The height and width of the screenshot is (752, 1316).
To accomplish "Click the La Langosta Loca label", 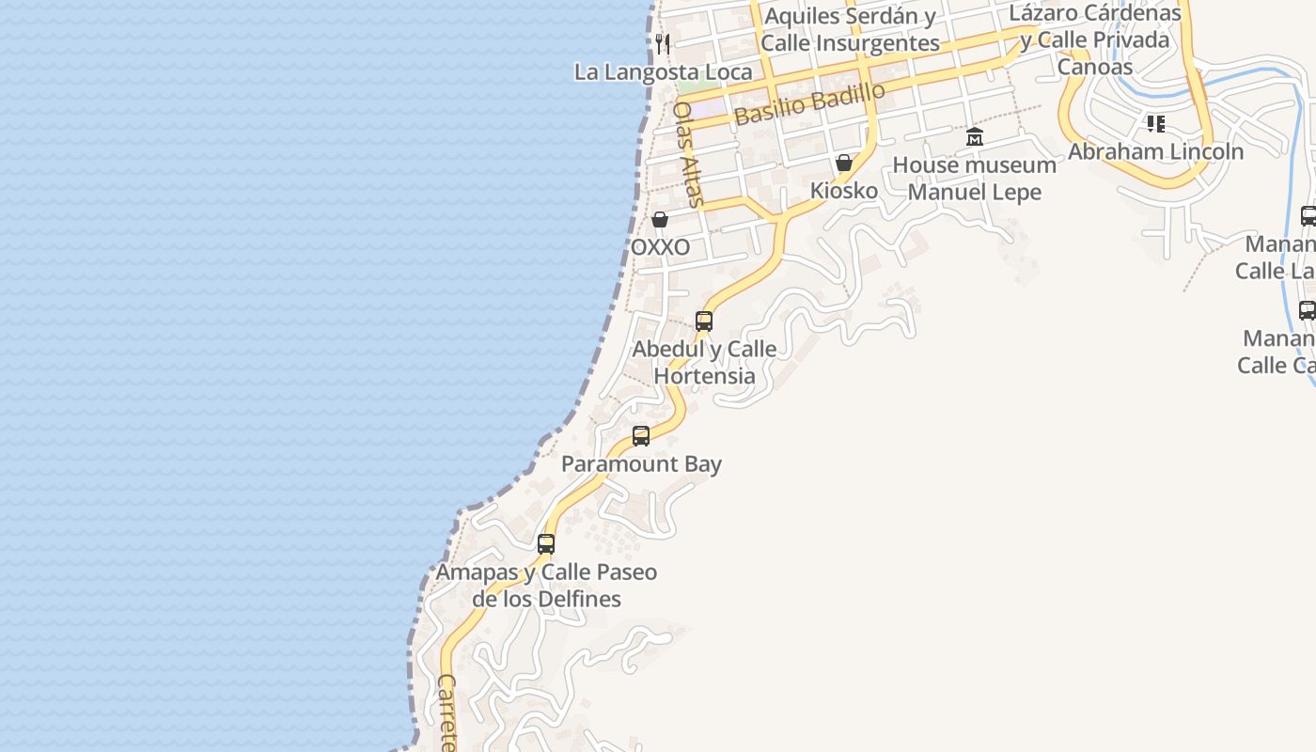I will [663, 72].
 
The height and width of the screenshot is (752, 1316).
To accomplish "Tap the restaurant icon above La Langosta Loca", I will [663, 44].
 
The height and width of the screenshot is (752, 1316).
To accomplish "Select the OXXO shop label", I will [660, 247].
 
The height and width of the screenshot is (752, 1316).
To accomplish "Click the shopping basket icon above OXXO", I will [660, 220].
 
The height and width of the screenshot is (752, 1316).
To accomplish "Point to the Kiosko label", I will [844, 191].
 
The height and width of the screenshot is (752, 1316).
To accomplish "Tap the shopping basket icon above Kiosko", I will [844, 164].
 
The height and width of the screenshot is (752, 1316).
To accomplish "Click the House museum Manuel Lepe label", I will [974, 179].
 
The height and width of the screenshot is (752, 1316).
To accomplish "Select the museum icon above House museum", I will [975, 137].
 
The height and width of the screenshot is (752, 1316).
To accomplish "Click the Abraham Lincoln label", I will [1155, 151].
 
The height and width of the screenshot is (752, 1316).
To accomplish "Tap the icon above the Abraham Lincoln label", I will [1155, 124].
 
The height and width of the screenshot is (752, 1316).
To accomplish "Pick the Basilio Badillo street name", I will [809, 103].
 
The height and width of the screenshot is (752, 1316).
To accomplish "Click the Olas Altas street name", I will [688, 153].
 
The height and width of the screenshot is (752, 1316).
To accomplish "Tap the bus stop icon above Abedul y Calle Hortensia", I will [704, 321].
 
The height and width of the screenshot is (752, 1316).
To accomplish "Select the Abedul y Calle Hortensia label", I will [704, 362].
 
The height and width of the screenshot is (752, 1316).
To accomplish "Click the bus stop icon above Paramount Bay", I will [641, 436].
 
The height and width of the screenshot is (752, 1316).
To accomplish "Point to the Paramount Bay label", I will [641, 464].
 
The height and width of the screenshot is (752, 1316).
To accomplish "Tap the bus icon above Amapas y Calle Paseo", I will [546, 543].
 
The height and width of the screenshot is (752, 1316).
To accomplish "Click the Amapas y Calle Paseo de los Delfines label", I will [546, 585].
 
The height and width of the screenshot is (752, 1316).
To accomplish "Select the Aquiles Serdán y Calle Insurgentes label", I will [850, 29].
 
